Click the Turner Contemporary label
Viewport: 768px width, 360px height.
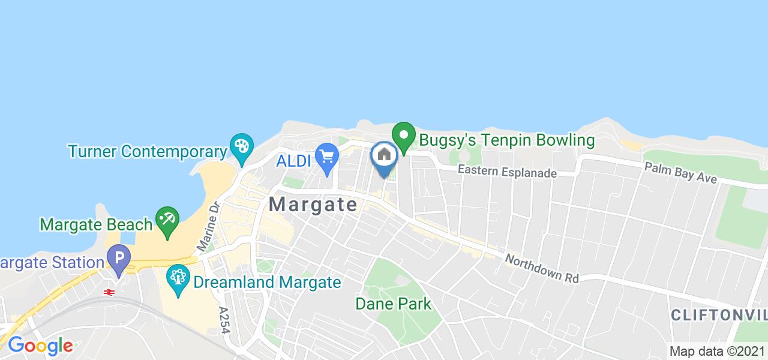(147, 151)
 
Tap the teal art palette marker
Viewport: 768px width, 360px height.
(241, 148)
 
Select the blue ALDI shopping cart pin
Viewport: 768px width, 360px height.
(327, 158)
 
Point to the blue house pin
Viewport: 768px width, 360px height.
(384, 156)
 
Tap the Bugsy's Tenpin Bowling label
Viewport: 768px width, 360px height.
(506, 141)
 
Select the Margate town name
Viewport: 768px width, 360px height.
(313, 204)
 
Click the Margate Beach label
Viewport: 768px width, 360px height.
(96, 224)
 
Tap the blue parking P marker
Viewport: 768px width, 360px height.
(118, 260)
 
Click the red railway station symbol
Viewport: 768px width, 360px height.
(109, 292)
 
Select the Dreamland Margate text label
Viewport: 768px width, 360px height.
(267, 282)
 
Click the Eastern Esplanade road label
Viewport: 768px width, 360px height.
(508, 172)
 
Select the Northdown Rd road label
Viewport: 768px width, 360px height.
(541, 268)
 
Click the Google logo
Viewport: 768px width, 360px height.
(40, 346)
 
